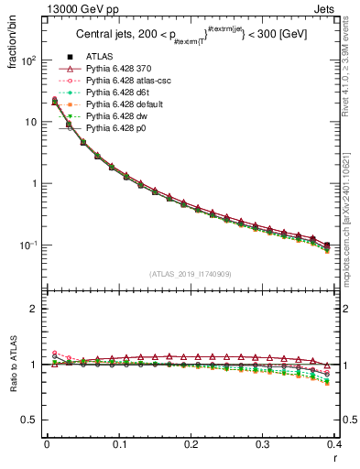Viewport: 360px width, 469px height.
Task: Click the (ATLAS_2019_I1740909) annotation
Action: coord(191,273)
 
